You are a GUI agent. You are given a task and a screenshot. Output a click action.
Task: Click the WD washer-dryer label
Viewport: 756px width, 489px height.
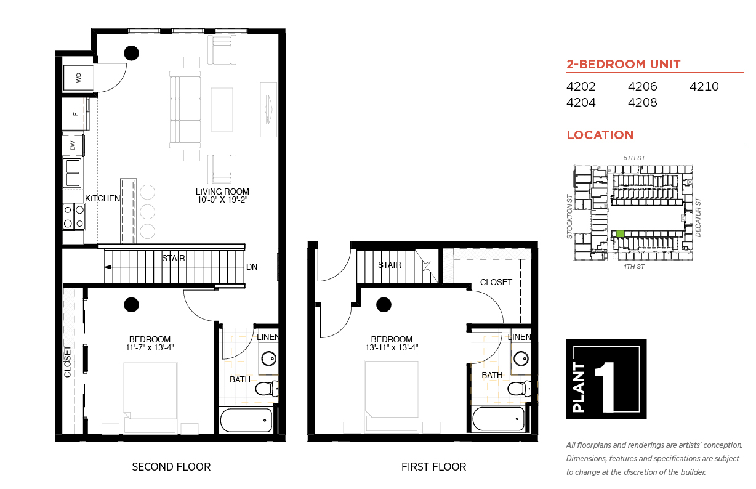coord(79,78)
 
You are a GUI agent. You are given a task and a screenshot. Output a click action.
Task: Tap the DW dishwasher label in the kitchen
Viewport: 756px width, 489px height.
coord(73,145)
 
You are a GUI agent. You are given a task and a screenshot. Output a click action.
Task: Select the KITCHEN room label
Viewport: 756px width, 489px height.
coord(103,198)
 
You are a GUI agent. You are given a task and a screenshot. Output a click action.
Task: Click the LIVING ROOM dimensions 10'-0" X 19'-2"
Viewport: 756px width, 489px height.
coord(222,200)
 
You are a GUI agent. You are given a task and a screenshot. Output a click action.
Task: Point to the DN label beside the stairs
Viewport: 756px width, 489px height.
coord(252,267)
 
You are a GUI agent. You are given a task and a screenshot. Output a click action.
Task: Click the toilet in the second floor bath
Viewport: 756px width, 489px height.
coord(267,389)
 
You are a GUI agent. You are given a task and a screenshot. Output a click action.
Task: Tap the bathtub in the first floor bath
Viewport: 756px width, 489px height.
coord(498,419)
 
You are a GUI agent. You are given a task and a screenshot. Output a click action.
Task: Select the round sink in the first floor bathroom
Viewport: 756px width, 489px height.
coord(521,358)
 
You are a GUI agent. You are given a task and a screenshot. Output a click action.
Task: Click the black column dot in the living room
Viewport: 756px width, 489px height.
coord(131,53)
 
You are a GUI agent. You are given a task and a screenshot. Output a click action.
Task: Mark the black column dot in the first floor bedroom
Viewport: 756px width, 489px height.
coord(384,305)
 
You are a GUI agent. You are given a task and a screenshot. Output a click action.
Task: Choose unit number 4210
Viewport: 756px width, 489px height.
coord(704,86)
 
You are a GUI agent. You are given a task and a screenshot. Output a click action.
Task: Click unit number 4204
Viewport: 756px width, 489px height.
coord(581,102)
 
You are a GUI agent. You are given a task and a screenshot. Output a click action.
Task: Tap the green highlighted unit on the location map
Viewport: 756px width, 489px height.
coord(621,233)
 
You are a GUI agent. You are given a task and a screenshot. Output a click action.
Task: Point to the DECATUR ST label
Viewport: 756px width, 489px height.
coord(698,217)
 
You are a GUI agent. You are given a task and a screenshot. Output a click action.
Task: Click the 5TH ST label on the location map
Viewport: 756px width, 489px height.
coord(634,158)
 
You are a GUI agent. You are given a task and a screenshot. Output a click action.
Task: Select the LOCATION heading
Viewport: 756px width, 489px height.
coord(600,135)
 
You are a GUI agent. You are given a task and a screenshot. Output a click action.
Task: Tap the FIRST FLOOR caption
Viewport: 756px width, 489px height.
coord(433,467)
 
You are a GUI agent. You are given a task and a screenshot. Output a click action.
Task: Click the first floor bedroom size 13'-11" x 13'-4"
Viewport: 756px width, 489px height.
coord(392,347)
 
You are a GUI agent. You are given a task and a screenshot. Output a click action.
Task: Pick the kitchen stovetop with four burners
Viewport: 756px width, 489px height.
coord(74,216)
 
